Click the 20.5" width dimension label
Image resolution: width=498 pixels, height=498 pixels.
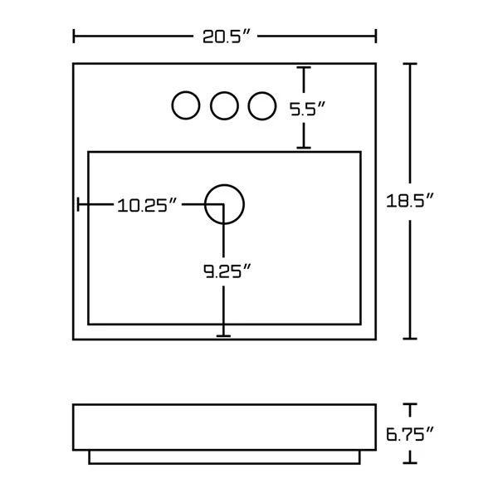[x=226, y=37]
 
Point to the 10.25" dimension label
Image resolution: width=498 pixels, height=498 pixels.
[x=149, y=204]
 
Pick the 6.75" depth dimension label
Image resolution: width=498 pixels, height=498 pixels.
[x=410, y=433]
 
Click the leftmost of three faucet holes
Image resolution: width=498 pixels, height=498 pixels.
[x=185, y=105]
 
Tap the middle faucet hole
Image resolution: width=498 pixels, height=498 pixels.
[x=224, y=105]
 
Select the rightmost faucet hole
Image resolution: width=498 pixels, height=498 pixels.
[x=261, y=105]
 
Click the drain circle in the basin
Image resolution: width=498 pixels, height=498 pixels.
[x=224, y=203]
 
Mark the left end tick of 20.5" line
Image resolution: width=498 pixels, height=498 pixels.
[x=75, y=37]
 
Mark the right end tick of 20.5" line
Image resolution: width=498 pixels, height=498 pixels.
[x=376, y=37]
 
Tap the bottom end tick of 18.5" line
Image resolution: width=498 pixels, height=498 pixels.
[x=409, y=338]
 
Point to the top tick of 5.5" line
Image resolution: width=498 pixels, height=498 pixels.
[x=305, y=68]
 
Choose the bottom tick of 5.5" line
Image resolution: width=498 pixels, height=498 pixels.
[x=305, y=148]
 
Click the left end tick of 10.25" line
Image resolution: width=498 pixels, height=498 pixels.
[x=78, y=204]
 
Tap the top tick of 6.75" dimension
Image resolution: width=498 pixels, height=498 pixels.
[x=409, y=404]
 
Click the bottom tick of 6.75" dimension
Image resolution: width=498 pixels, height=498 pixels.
[x=409, y=461]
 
